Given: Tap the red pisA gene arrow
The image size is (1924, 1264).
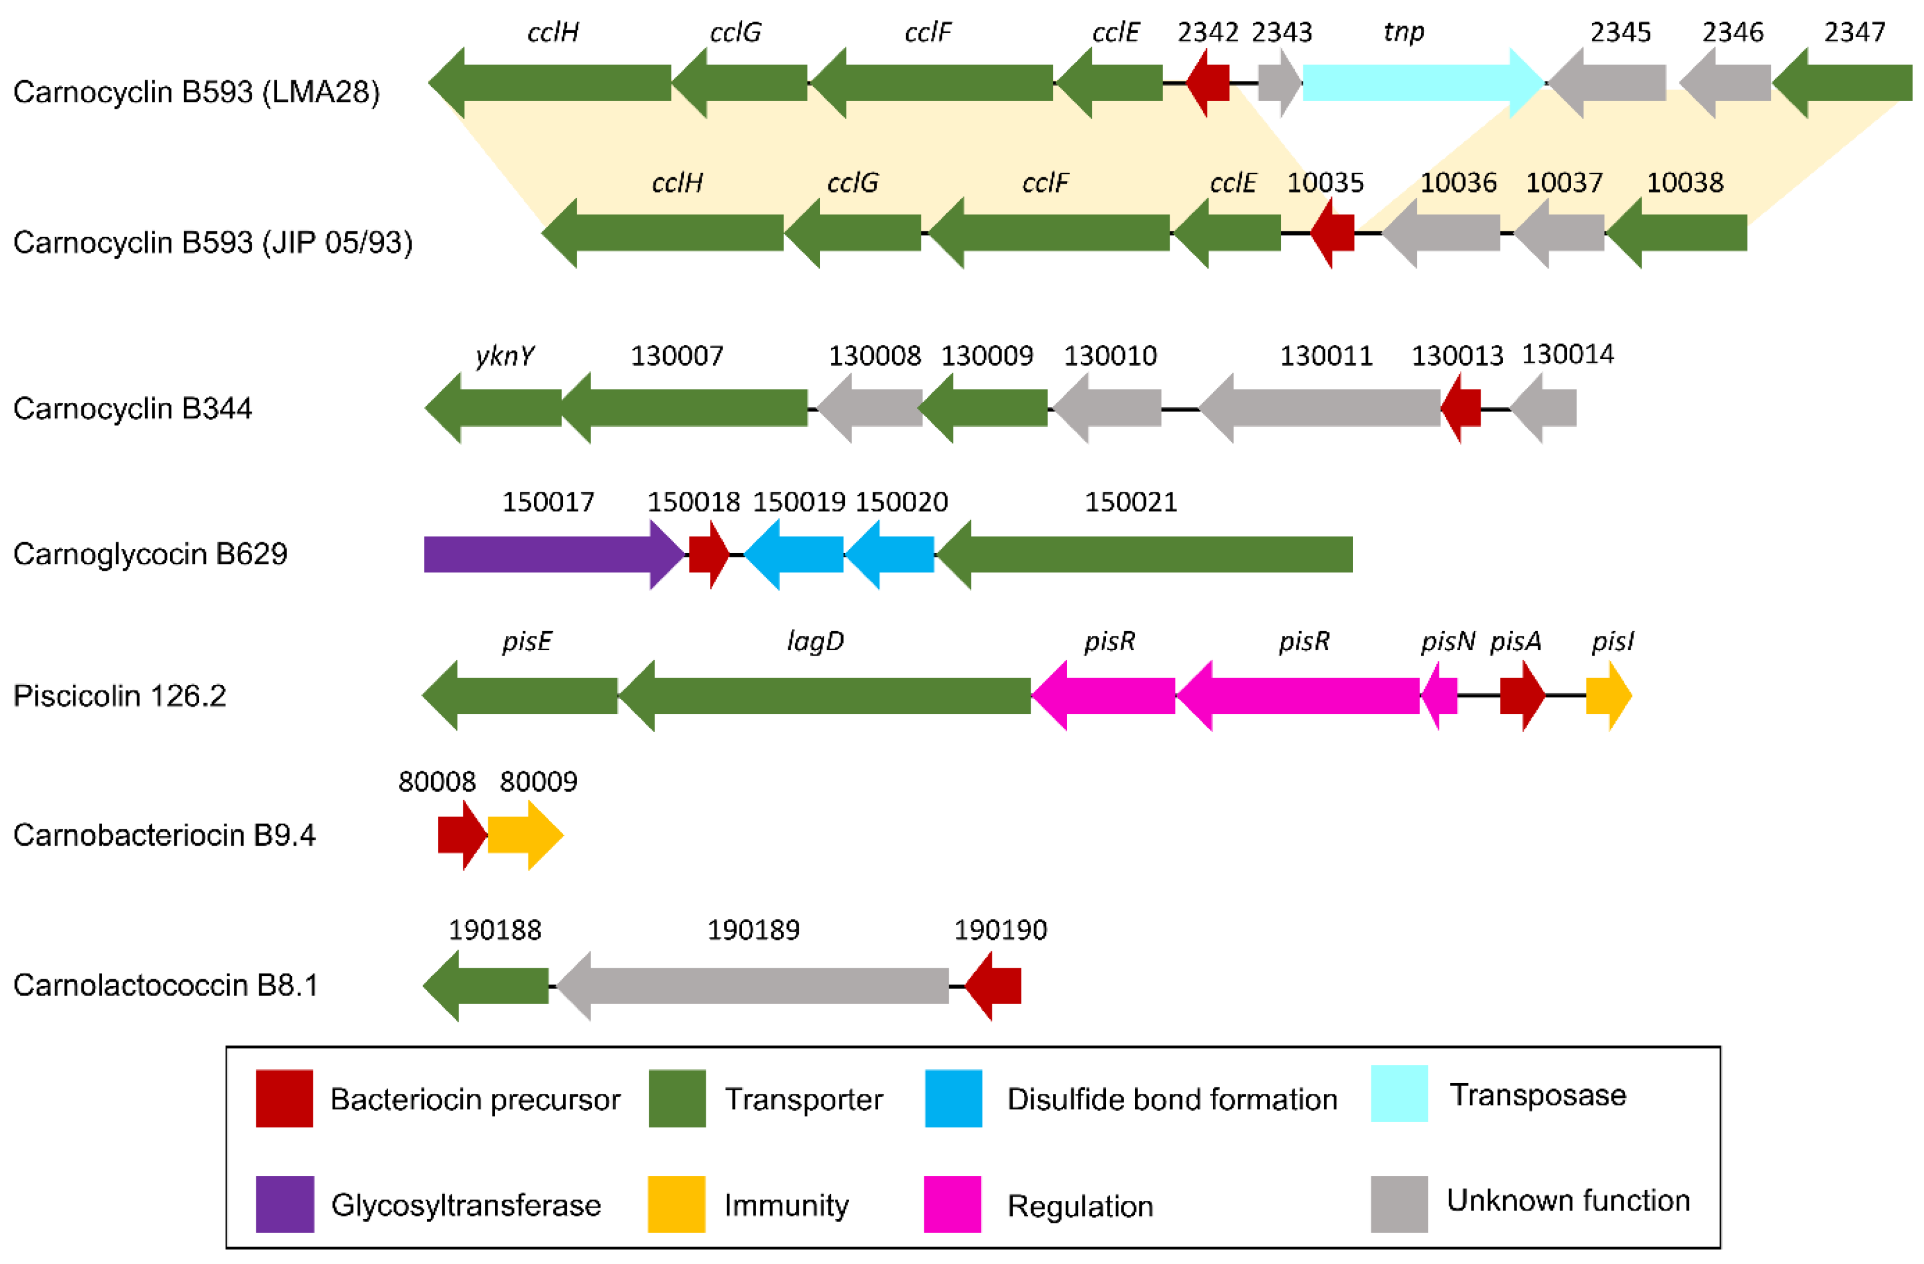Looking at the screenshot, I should click(1520, 695).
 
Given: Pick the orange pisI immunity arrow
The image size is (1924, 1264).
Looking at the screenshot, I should click(1607, 695).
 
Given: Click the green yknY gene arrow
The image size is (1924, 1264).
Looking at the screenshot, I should click(495, 407).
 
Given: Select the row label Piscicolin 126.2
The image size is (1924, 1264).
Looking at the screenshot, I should click(120, 696).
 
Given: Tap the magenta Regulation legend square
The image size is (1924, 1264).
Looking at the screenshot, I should click(952, 1204).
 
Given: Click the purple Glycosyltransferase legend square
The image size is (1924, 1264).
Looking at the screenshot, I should click(285, 1204).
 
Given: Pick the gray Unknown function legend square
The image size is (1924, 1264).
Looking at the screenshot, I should click(1399, 1204).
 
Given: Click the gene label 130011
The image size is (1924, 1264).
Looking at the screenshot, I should click(1326, 356).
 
